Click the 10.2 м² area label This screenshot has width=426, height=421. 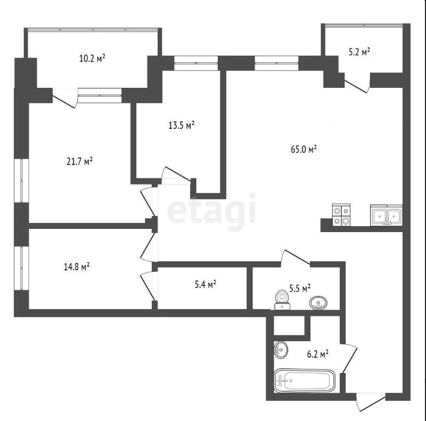pos(92,58)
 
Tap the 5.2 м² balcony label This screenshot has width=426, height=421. pos(359,52)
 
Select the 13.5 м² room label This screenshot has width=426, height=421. pos(182,125)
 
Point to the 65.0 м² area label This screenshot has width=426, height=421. pos(304,149)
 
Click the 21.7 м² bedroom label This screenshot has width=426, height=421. pos(79,161)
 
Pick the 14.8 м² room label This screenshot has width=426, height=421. pos(77,267)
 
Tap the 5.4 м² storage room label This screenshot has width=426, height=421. pos(206,284)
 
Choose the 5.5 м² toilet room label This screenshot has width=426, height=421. pos(300,288)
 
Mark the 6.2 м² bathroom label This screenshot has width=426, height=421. pos(318,354)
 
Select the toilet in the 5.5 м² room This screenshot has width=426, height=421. pos(282,300)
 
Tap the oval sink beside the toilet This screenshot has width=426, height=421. pos(318,303)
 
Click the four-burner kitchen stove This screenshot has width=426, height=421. pos(341,214)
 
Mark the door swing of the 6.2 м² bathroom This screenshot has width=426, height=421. pos(349,359)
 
